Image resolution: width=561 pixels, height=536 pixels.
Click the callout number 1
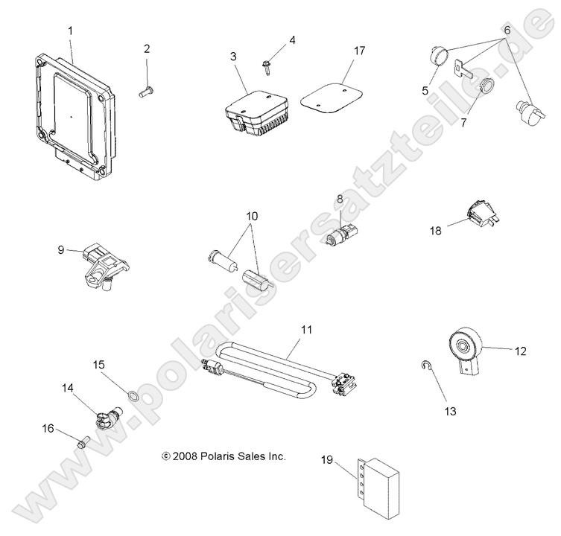[x=71, y=31]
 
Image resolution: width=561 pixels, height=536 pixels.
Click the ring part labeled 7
[x=487, y=86]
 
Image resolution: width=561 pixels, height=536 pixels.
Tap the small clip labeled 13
[x=424, y=365]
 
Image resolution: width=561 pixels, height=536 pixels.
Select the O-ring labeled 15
[x=131, y=395]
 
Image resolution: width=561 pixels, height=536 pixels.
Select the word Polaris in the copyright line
[x=221, y=456]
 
